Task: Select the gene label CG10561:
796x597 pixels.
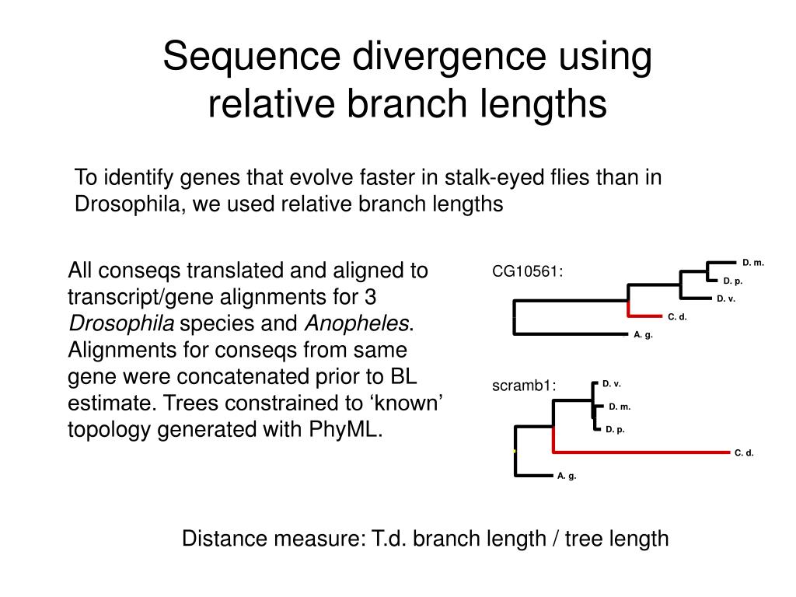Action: (527, 271)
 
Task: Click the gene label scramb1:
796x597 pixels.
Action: (524, 386)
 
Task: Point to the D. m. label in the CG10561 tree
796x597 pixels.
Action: (753, 263)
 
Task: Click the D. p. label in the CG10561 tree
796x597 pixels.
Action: (733, 281)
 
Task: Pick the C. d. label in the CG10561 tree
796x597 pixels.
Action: (677, 316)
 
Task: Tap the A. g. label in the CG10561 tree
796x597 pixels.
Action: (643, 334)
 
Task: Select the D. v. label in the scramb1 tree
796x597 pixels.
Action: (612, 383)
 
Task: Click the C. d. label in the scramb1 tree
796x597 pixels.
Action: (744, 452)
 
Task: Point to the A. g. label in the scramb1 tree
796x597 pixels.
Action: (566, 476)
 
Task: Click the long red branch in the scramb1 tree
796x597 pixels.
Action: (645, 451)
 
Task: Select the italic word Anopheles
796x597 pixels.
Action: (357, 323)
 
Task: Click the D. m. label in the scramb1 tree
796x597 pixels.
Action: (620, 407)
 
